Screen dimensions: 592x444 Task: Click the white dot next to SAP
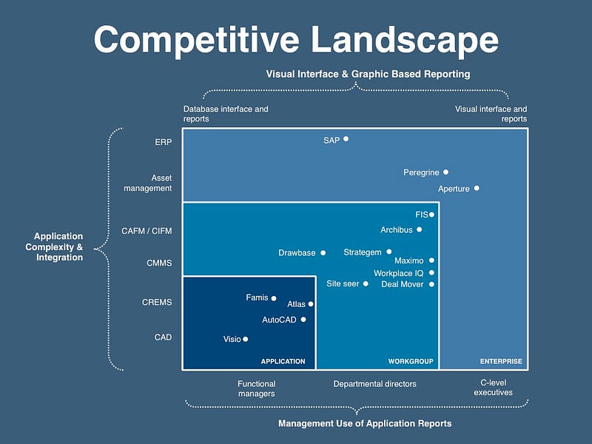click(x=346, y=139)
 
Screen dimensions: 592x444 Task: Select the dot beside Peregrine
click(x=446, y=172)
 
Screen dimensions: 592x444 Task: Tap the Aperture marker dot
click(x=477, y=188)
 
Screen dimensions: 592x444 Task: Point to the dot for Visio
click(x=246, y=339)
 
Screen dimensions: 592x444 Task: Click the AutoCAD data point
click(x=303, y=320)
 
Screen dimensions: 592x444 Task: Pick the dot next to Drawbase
click(x=323, y=252)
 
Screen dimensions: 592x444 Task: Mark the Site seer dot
click(x=366, y=283)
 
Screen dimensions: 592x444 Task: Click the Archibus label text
click(x=397, y=229)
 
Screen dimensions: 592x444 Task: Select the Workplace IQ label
click(x=399, y=273)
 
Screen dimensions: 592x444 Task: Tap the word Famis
click(x=257, y=297)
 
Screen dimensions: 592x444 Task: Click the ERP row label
click(x=163, y=142)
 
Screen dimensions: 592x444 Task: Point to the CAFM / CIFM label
click(x=147, y=231)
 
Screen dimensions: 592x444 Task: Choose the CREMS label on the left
click(x=157, y=303)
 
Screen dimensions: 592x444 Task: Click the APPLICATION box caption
click(x=283, y=361)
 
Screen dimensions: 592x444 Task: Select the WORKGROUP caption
click(x=411, y=361)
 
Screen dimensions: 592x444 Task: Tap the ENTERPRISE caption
click(x=501, y=361)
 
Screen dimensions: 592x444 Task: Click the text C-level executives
click(x=493, y=387)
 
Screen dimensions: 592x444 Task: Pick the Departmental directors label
click(x=375, y=384)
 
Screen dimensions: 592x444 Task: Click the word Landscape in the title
click(x=405, y=40)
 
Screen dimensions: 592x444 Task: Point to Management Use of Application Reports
click(x=365, y=423)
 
